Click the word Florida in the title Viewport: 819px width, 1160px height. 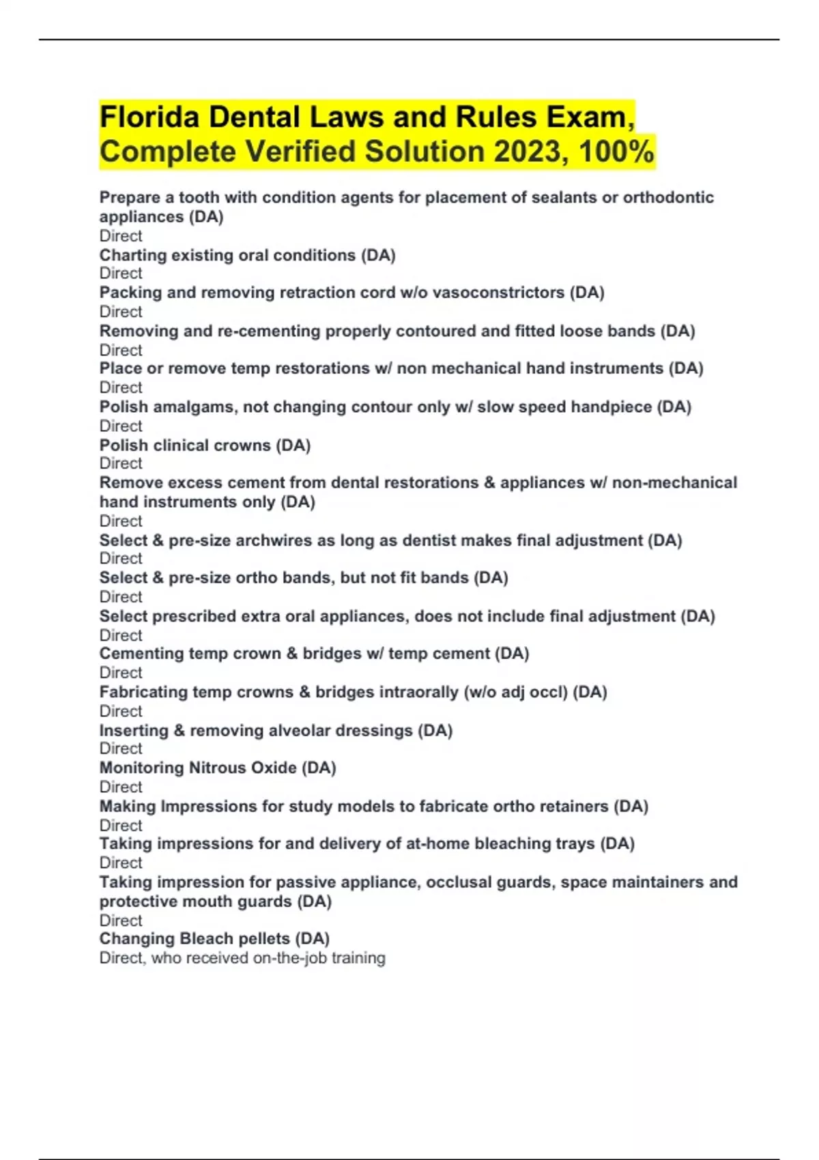pos(149,117)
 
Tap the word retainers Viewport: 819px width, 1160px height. pos(574,807)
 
